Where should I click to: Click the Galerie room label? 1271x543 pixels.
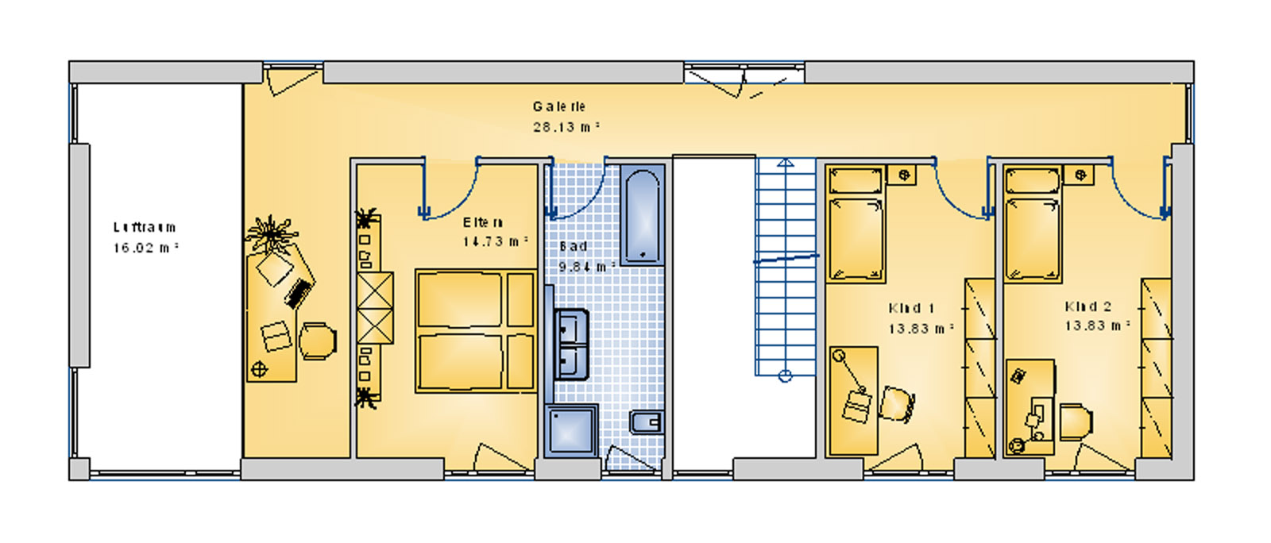pos(559,106)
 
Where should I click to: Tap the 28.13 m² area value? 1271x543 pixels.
pos(566,127)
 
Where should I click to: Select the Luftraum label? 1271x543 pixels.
pos(145,228)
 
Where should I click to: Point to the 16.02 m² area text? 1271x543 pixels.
pos(145,248)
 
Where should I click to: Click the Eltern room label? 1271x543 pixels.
pos(483,223)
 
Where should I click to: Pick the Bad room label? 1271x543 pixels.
pos(574,247)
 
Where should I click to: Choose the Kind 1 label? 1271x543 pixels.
pos(912,308)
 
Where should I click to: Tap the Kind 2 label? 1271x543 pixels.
pos(1088,306)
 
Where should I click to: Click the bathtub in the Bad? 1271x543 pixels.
pos(641,215)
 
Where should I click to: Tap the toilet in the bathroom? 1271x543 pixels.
pos(646,422)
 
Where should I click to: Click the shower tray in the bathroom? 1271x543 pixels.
pos(571,430)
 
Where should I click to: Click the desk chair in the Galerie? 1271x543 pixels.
pos(317,341)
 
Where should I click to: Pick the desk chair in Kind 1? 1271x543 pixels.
pos(896,404)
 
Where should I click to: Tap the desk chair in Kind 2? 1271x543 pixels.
pos(1075,422)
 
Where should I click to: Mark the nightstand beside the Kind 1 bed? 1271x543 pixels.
pos(902,175)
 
